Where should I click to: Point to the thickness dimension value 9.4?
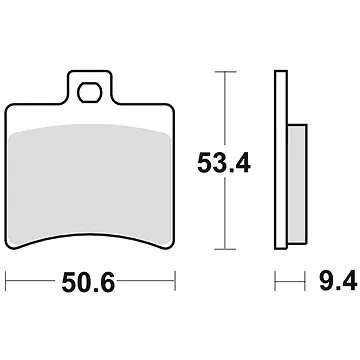(x=336, y=283)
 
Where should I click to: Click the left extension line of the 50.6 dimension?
(x=7, y=282)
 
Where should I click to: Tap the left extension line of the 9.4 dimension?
(x=277, y=282)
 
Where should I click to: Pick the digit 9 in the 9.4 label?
(x=326, y=283)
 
